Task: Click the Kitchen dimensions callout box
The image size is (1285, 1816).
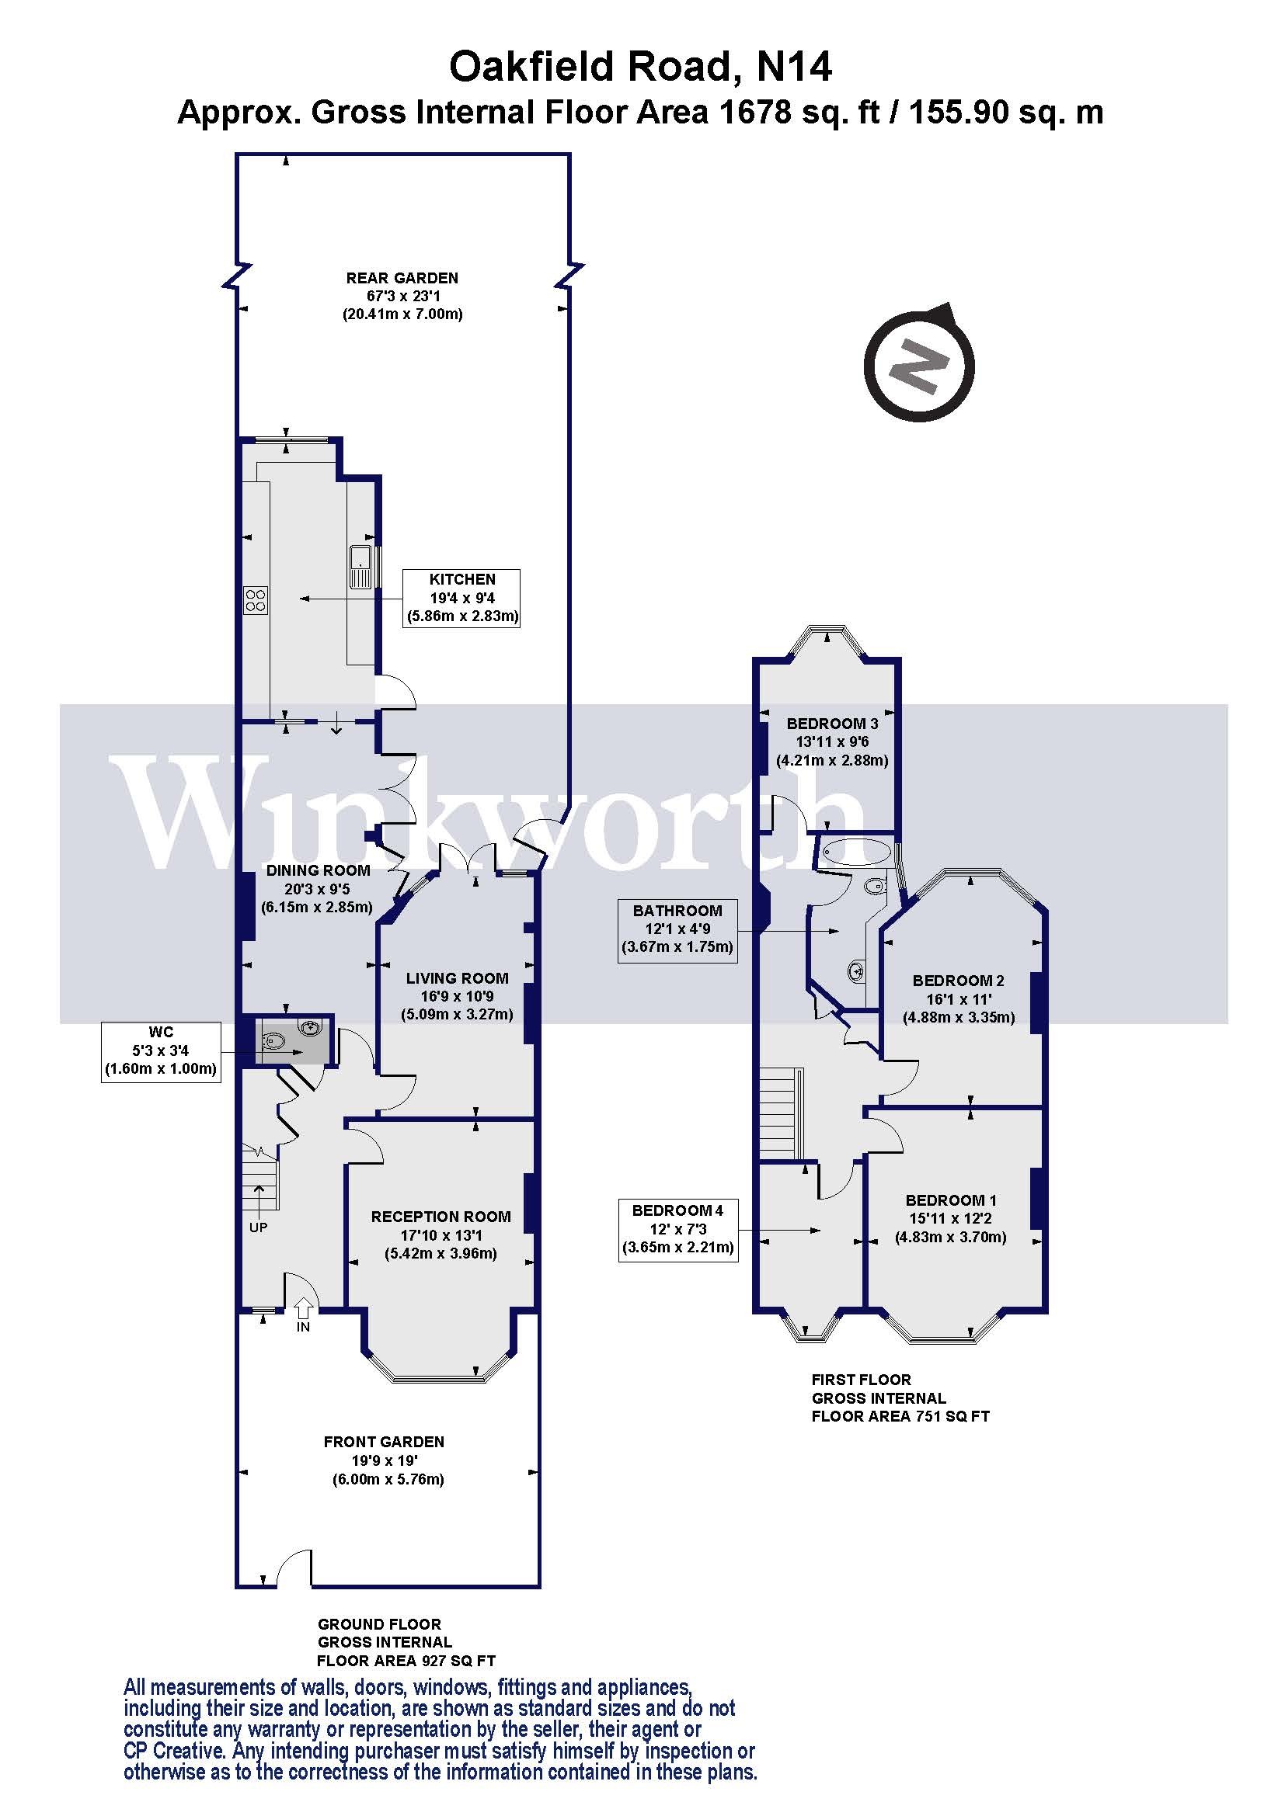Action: click(462, 598)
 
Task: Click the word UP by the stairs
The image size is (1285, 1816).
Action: click(258, 1227)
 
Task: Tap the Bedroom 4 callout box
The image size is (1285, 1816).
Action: click(677, 1229)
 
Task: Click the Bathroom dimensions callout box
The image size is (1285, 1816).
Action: click(677, 929)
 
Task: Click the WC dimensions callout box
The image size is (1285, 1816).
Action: click(161, 1051)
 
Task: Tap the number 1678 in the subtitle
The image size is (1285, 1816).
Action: click(754, 113)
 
